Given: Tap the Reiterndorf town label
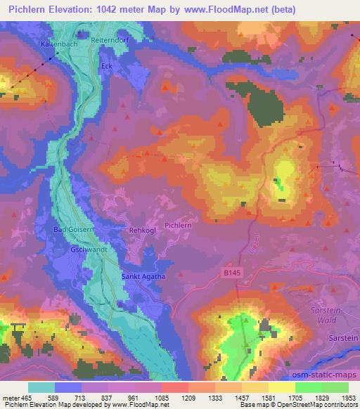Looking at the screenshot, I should coord(108,40).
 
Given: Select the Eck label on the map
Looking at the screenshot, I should coord(107,67).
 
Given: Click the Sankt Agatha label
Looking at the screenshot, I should coord(143,276).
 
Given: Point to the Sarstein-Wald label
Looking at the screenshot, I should coord(332,313).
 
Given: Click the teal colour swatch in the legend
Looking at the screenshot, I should coord(41,387).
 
